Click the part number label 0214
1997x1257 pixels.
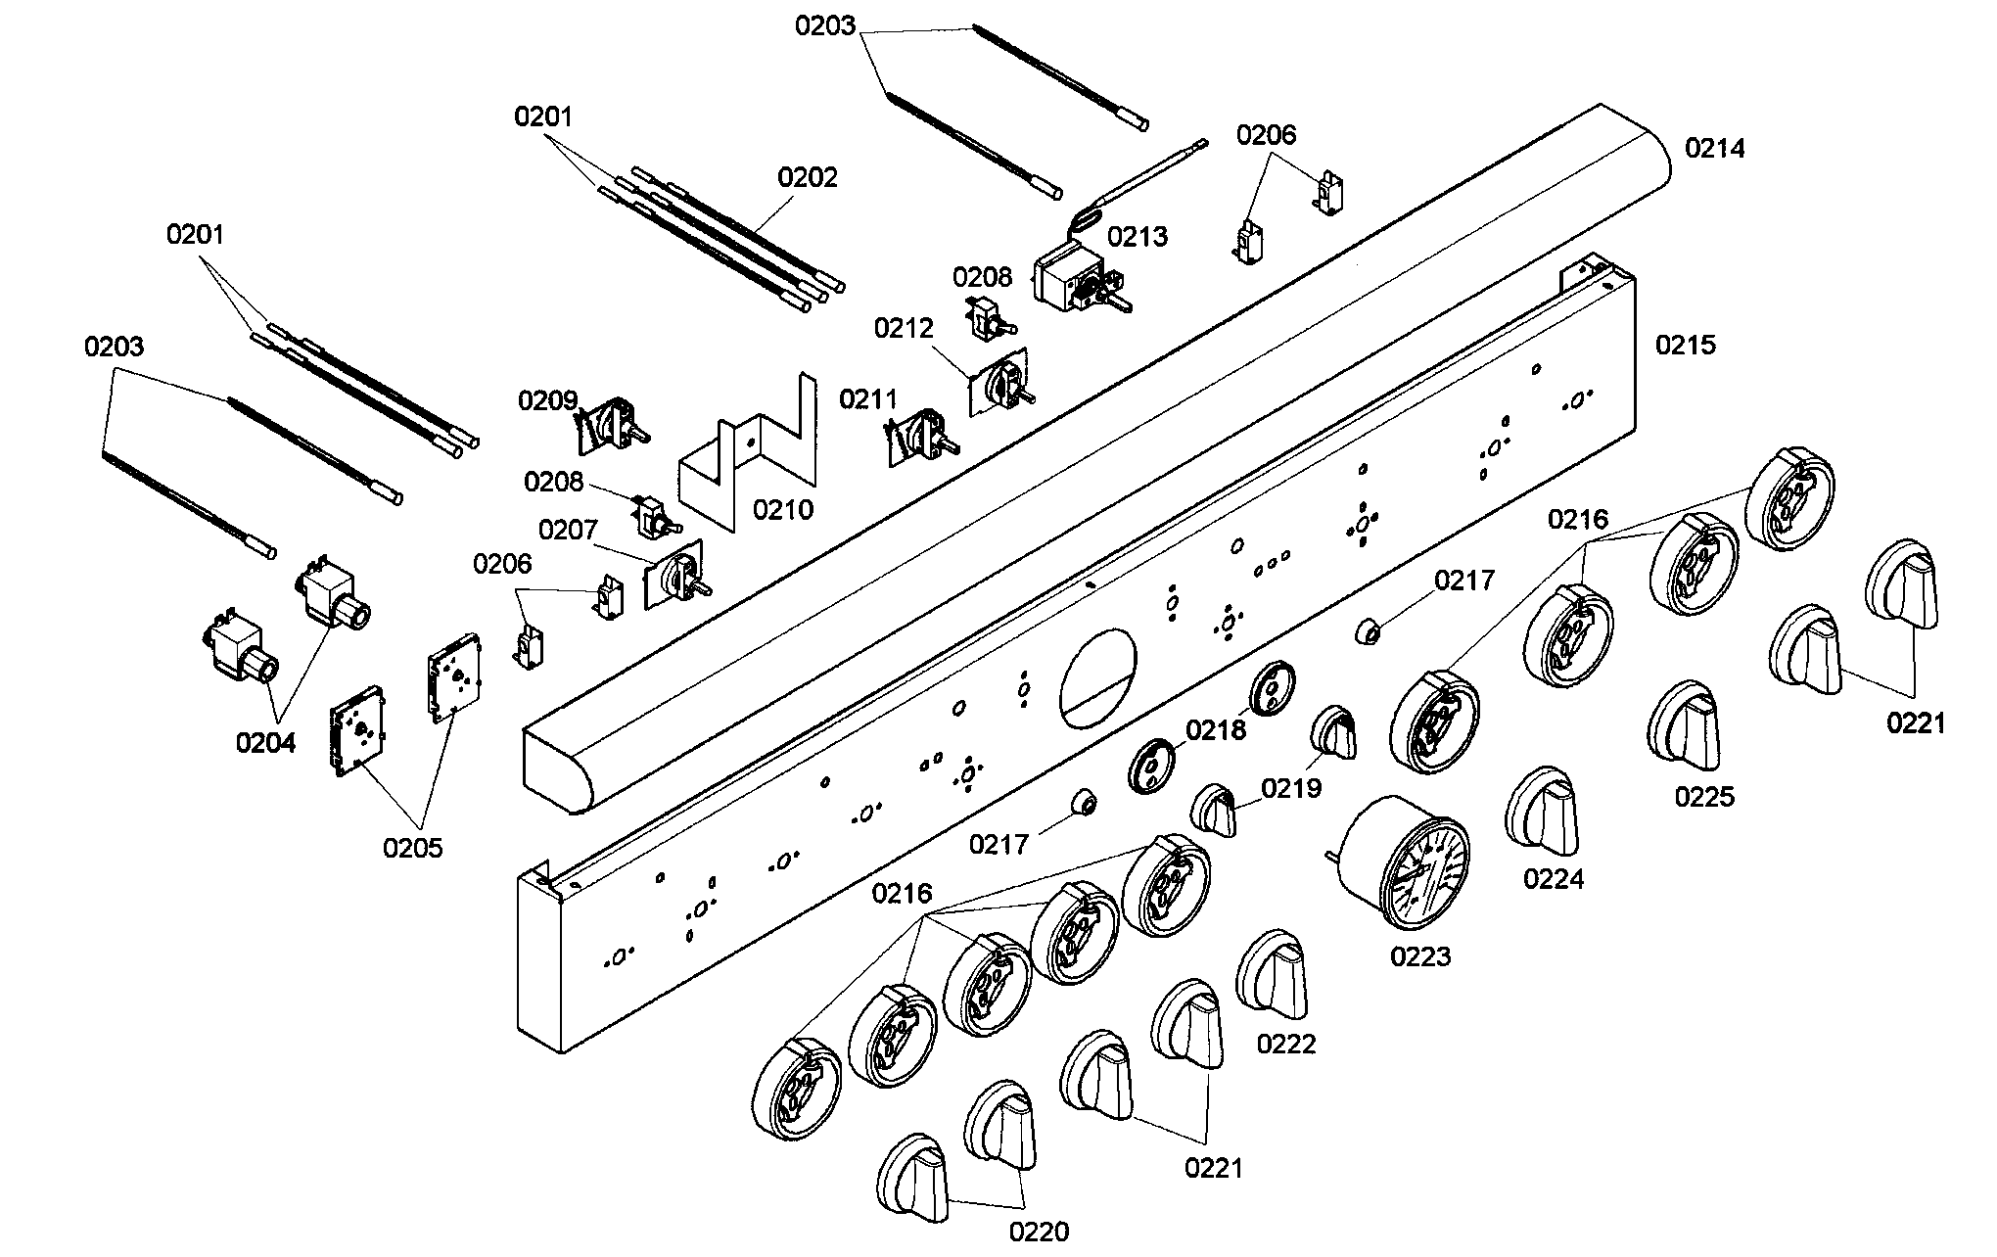click(x=1714, y=149)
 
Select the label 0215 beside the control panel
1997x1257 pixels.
click(x=1685, y=345)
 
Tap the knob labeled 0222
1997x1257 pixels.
click(x=1273, y=974)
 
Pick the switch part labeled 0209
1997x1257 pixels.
click(x=612, y=425)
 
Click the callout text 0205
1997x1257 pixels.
click(x=412, y=848)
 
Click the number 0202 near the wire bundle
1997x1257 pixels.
click(x=808, y=177)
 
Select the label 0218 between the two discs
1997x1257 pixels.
click(x=1216, y=730)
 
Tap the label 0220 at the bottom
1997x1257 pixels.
click(x=1039, y=1232)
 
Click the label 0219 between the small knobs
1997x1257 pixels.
click(x=1290, y=787)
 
